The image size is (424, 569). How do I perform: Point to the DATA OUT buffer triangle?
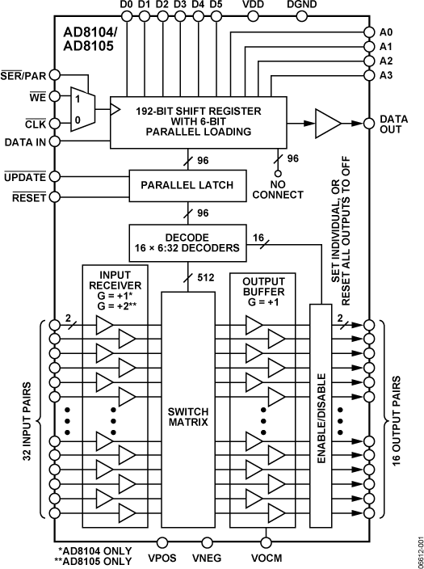coord(326,123)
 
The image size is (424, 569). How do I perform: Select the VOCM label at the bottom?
coord(266,557)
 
